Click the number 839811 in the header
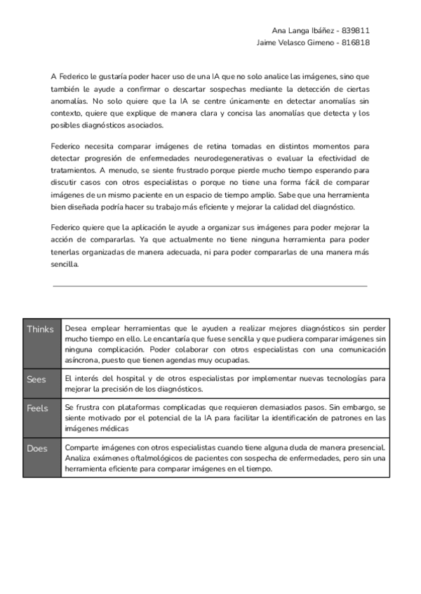[356, 31]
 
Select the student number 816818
[356, 42]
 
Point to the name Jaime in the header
[269, 42]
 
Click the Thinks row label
[40, 329]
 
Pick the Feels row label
[36, 408]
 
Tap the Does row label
[36, 449]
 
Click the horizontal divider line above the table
[210, 286]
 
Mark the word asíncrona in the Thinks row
[81, 360]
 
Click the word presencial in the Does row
[366, 448]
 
